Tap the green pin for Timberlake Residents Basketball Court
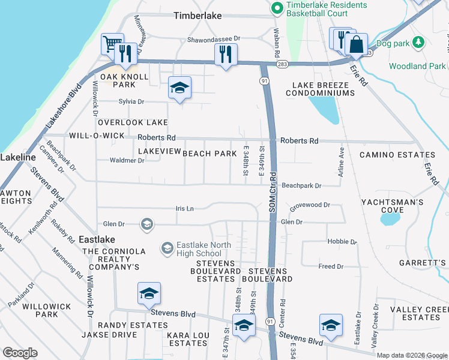277,8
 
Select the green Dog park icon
420,43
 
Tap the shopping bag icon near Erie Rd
357,44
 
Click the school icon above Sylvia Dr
179,88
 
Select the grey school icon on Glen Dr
146,224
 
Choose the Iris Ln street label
184,208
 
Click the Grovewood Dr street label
310,205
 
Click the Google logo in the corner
20,353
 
